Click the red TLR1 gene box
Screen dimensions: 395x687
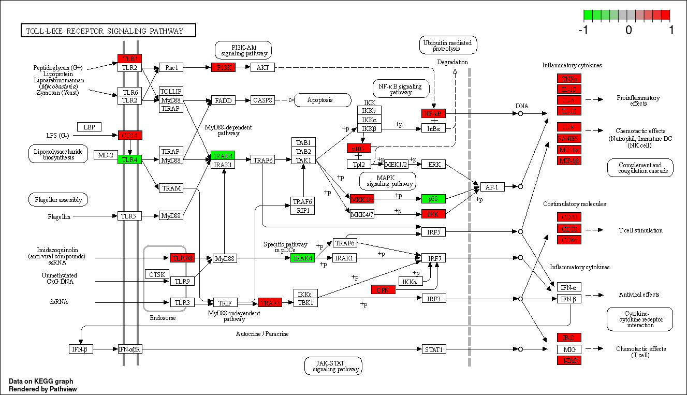(129, 58)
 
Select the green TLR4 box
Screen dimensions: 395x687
(129, 159)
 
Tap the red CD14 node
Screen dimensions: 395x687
(129, 135)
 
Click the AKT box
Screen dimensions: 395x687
(262, 67)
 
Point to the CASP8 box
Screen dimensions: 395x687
(262, 100)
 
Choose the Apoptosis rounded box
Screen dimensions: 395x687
(322, 100)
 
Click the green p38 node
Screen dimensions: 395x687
(433, 198)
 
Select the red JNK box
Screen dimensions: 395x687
(433, 213)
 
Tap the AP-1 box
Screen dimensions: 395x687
(492, 187)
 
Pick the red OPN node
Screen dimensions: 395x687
(383, 289)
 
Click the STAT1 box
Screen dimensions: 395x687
(433, 349)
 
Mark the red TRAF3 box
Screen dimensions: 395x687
(270, 302)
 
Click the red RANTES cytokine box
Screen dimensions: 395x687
(569, 138)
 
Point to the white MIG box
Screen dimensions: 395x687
(569, 349)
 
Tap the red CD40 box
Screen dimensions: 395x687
(569, 217)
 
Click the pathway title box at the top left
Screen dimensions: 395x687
(108, 31)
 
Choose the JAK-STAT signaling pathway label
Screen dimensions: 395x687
(333, 366)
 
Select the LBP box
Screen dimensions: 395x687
(89, 127)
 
